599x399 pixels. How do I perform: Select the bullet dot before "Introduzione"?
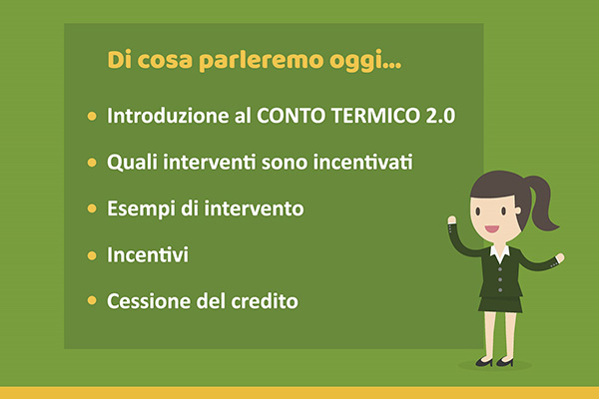tap(92, 116)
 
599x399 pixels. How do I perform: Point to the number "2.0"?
tap(440, 116)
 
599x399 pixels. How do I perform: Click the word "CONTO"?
tap(292, 116)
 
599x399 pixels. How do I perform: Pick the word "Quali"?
tap(132, 162)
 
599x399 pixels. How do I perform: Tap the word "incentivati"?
tap(363, 163)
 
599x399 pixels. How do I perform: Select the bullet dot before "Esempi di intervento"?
tap(92, 208)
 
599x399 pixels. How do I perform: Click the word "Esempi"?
tap(141, 209)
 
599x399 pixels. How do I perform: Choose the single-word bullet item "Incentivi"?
tap(148, 254)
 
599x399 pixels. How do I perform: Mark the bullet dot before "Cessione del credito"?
tap(92, 300)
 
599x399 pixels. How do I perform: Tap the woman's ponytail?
tap(541, 202)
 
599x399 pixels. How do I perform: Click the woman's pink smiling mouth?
tap(492, 229)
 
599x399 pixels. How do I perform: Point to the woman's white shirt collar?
tap(500, 252)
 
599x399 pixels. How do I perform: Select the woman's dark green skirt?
tap(500, 304)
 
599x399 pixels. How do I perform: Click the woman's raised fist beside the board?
tap(452, 220)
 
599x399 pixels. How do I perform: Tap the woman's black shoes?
tap(495, 361)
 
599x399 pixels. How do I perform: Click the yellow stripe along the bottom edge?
tap(299, 393)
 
